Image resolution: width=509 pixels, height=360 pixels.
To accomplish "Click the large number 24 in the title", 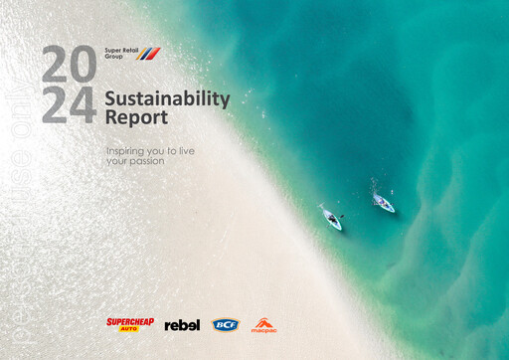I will coord(69,104).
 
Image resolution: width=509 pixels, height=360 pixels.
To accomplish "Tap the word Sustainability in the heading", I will coord(167,98).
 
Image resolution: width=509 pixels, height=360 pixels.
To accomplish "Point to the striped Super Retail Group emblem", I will coord(148,53).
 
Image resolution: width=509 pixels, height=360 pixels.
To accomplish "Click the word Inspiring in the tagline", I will coord(126,149).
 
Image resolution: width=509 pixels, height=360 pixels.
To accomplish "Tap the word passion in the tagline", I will coord(145,159).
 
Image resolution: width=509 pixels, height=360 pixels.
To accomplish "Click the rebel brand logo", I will coord(182,324).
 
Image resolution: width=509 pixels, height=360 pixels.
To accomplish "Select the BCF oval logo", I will coord(226,324).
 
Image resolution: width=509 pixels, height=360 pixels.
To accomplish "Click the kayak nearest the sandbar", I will coord(330,217).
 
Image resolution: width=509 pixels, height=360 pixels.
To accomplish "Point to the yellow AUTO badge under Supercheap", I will coord(128,328).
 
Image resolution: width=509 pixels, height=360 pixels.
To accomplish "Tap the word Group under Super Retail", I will coord(113,56).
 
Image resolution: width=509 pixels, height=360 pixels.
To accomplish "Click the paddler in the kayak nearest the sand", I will coord(329,215).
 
